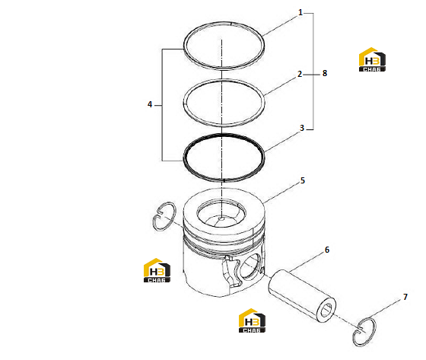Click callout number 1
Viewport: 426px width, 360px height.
coord(300,12)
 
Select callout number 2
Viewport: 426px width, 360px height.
coord(300,74)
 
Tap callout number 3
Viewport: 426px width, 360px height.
coord(302,128)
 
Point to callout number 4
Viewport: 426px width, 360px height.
coord(150,104)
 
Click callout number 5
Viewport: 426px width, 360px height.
coord(303,180)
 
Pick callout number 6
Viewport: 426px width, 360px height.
coord(327,250)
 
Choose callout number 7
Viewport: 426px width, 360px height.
coord(405,297)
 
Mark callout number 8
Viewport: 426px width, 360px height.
coord(325,73)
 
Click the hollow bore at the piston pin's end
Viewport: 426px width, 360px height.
coord(326,311)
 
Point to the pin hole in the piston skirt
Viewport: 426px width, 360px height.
coord(251,266)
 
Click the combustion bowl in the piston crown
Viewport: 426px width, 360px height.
coord(221,213)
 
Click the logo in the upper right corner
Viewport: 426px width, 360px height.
coord(372,59)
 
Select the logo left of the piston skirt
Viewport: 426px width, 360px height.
coord(157,270)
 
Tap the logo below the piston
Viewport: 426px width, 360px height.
coord(252,320)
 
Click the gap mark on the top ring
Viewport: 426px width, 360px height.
coord(231,24)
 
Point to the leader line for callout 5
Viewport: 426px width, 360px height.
coord(282,193)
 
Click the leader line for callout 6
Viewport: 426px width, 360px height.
coord(307,262)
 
